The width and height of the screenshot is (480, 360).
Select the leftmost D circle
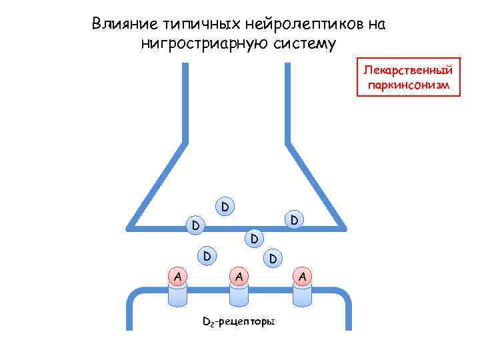[195, 225]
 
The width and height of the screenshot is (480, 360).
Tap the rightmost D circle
[294, 218]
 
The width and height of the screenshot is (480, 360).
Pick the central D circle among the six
[254, 238]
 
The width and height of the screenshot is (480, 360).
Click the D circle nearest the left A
[207, 255]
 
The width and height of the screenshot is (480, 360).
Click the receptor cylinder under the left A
[177, 295]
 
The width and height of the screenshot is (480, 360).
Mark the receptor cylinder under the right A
[302, 295]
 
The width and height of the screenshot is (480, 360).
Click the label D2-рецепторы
[239, 323]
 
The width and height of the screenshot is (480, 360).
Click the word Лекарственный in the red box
[408, 70]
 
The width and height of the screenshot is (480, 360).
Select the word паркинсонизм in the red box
[408, 85]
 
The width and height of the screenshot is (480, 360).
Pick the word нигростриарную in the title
[210, 44]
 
